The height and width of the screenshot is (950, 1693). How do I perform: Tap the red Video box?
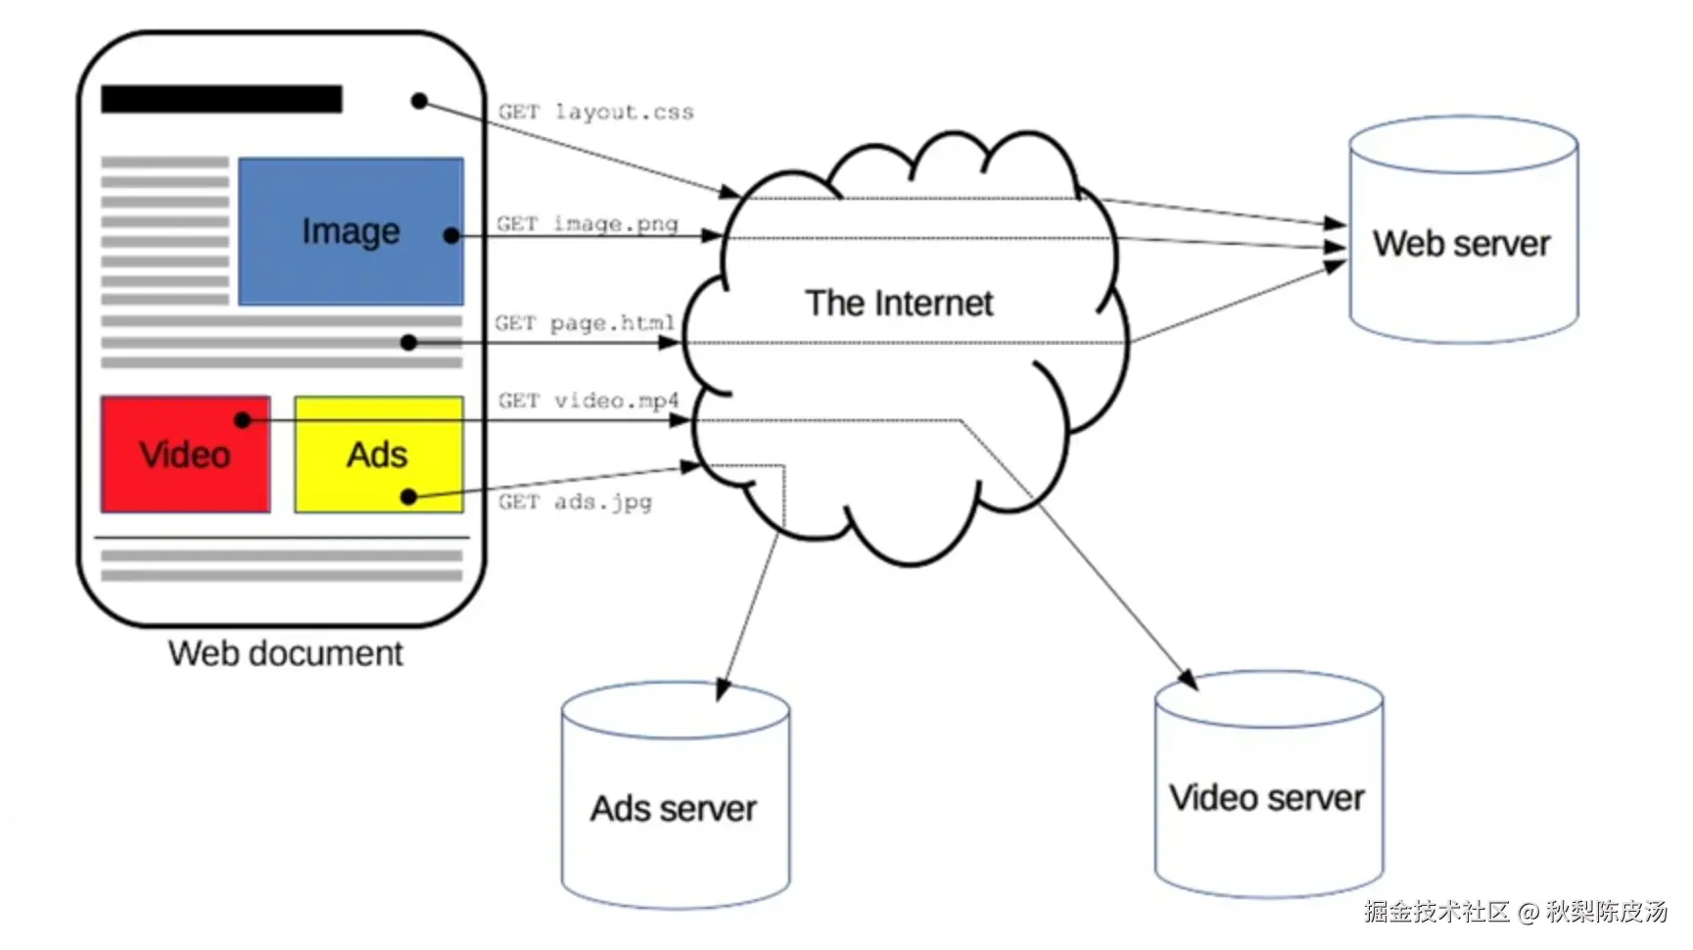click(x=185, y=470)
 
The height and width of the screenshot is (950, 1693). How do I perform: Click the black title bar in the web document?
click(x=221, y=99)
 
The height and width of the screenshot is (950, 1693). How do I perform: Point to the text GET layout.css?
click(x=595, y=113)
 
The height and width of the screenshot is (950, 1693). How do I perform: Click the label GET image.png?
click(x=587, y=224)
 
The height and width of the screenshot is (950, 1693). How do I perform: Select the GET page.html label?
click(x=585, y=323)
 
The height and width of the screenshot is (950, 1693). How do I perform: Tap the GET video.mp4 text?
click(x=588, y=401)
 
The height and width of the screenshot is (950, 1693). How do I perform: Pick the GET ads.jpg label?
click(x=575, y=502)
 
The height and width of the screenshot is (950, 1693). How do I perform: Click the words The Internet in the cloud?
click(x=899, y=304)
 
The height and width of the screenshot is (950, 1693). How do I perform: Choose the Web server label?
click(x=1461, y=244)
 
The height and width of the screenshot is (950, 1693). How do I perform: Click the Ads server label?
click(x=674, y=809)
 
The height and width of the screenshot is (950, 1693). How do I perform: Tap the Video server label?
click(x=1267, y=798)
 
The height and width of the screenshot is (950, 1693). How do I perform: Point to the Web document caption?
click(x=285, y=653)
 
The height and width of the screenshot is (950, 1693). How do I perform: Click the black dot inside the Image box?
click(x=451, y=236)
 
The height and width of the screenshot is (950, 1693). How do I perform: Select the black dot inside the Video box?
click(x=243, y=420)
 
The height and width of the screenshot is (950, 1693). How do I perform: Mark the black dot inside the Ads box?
click(x=409, y=498)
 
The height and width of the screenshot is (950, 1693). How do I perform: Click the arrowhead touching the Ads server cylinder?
click(x=723, y=689)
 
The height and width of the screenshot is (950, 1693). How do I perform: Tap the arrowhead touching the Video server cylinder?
click(x=1188, y=679)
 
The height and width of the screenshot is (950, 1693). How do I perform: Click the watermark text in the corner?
click(x=1515, y=912)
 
